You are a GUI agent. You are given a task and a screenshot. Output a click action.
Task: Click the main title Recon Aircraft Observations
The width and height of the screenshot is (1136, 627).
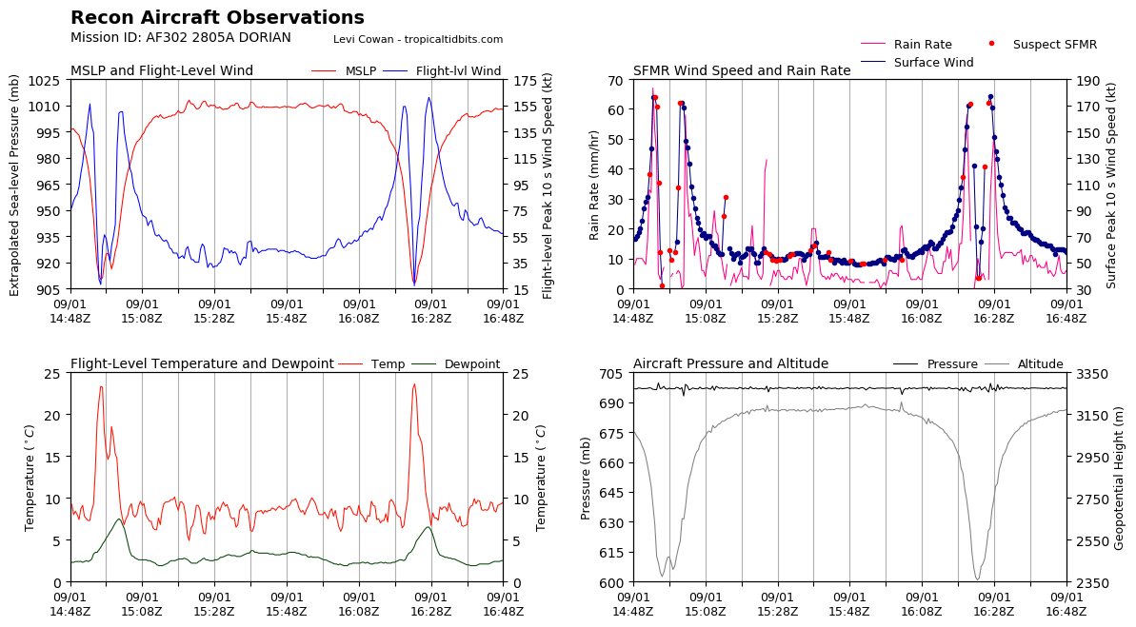point(217,18)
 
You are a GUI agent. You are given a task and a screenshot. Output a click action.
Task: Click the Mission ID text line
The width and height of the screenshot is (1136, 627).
point(180,38)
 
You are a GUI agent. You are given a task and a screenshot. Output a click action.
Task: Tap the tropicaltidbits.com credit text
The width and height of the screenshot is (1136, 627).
point(418,40)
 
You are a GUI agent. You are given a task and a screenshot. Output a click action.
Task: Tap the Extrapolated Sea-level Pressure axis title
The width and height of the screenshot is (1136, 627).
point(15,185)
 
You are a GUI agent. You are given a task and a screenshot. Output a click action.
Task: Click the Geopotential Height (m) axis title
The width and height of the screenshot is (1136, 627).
point(1120,478)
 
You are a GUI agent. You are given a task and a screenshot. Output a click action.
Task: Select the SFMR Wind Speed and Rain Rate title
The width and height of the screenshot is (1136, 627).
point(742,71)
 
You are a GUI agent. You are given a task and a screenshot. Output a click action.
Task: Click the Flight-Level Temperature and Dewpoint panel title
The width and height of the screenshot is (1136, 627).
point(202,364)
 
